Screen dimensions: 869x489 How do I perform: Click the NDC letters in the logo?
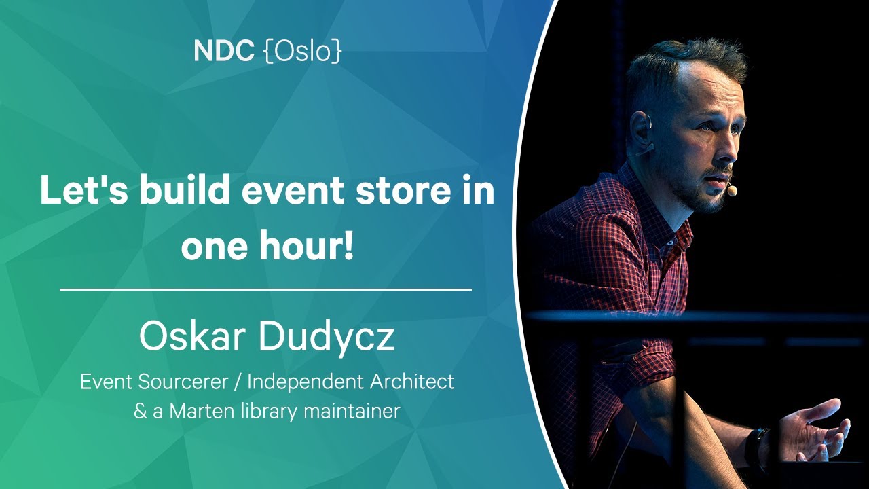224,51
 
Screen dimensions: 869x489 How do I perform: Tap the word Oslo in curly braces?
303,51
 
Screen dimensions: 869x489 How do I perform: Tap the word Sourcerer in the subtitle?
183,382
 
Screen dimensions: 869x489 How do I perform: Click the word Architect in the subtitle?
411,381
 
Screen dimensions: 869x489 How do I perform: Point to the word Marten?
202,411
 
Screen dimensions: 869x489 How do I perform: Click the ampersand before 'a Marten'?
140,412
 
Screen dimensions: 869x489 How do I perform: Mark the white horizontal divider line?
265,289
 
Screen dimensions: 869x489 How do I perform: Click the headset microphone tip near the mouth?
732,191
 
